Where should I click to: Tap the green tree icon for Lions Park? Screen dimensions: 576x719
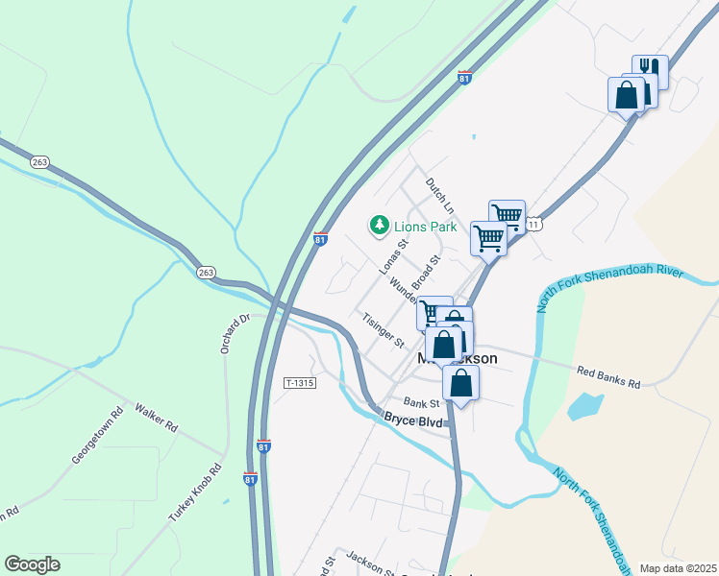tap(380, 226)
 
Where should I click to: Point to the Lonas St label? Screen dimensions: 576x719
tap(393, 255)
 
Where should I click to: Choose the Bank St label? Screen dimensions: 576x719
tap(421, 402)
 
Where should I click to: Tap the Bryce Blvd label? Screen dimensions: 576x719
tap(413, 420)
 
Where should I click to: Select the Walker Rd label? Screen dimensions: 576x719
tap(157, 416)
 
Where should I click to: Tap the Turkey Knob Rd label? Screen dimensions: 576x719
tap(195, 493)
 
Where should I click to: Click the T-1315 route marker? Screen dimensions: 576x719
tap(300, 382)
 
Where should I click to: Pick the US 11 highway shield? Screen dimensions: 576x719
tap(535, 224)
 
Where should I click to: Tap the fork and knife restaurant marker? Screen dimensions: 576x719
tap(650, 70)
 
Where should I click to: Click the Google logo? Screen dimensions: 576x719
tap(32, 564)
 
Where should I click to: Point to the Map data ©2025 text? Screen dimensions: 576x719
tap(678, 568)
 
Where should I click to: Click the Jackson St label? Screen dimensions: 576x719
tap(371, 564)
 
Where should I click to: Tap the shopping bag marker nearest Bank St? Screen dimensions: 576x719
tap(461, 383)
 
